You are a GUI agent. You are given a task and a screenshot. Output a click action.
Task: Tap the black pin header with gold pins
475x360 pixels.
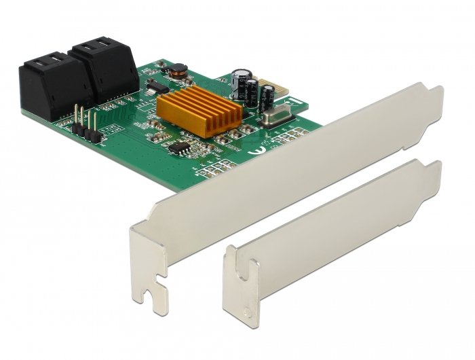point(87,129)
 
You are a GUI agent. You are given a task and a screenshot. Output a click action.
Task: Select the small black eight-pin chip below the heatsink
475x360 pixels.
point(180,146)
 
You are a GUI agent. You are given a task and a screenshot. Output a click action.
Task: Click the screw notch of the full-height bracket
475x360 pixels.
point(157,278)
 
